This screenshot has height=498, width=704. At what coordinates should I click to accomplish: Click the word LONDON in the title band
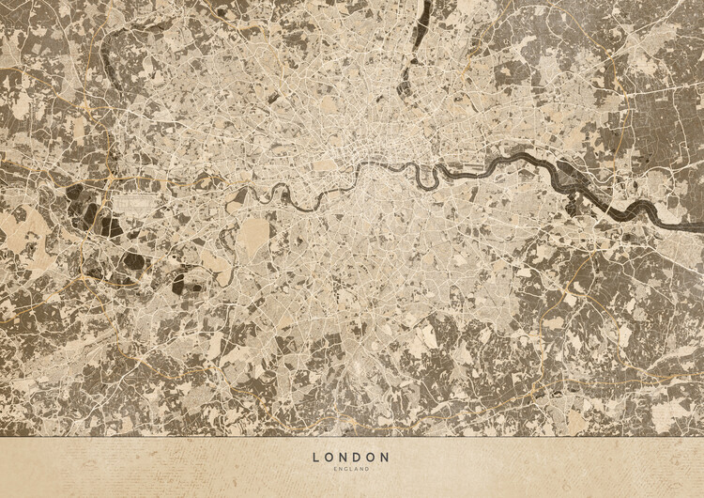coord(351,458)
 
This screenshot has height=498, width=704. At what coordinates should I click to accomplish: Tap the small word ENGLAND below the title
coord(351,469)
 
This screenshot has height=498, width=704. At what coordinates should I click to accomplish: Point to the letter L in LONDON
coord(315,458)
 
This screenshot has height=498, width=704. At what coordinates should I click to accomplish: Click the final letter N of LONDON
coord(387,458)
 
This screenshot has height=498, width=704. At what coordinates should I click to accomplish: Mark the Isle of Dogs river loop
coord(441,177)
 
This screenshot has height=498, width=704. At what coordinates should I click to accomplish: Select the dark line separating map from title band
coord(351,437)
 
